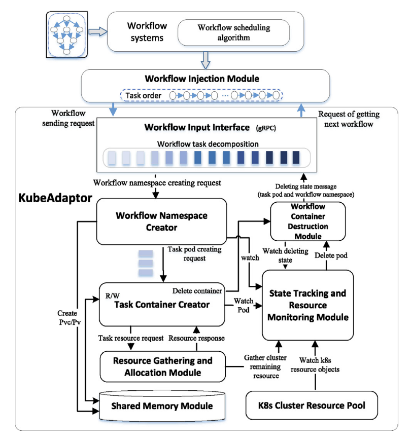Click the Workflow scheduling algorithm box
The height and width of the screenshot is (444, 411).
point(233,33)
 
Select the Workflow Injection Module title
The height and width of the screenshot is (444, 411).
point(202,79)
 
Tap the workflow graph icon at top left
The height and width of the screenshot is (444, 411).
point(68,32)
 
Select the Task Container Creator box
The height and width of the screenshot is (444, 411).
point(162,304)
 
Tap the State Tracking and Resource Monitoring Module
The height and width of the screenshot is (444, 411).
point(308,305)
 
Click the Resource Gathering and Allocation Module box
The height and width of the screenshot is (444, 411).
point(162,367)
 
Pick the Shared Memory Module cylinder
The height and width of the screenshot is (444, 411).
point(162,405)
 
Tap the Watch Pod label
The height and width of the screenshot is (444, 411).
point(242,306)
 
